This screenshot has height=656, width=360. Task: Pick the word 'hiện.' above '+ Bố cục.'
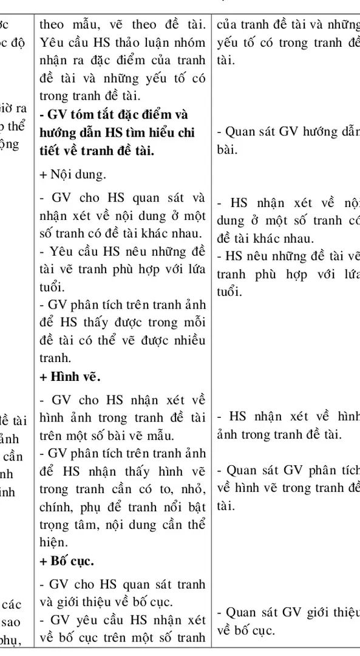(52, 542)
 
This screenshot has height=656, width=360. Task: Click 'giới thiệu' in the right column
(331, 613)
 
